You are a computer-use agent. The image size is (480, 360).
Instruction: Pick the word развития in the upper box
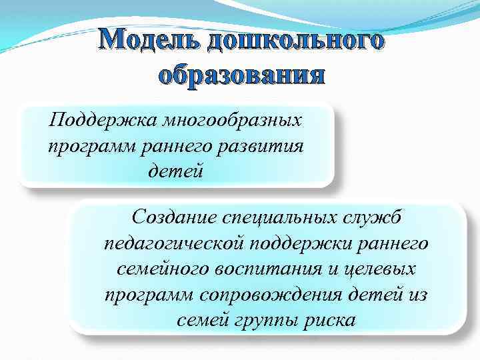[x=271, y=145]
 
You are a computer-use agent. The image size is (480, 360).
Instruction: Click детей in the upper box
[x=175, y=170]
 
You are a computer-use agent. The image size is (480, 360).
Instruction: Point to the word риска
[x=326, y=320]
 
